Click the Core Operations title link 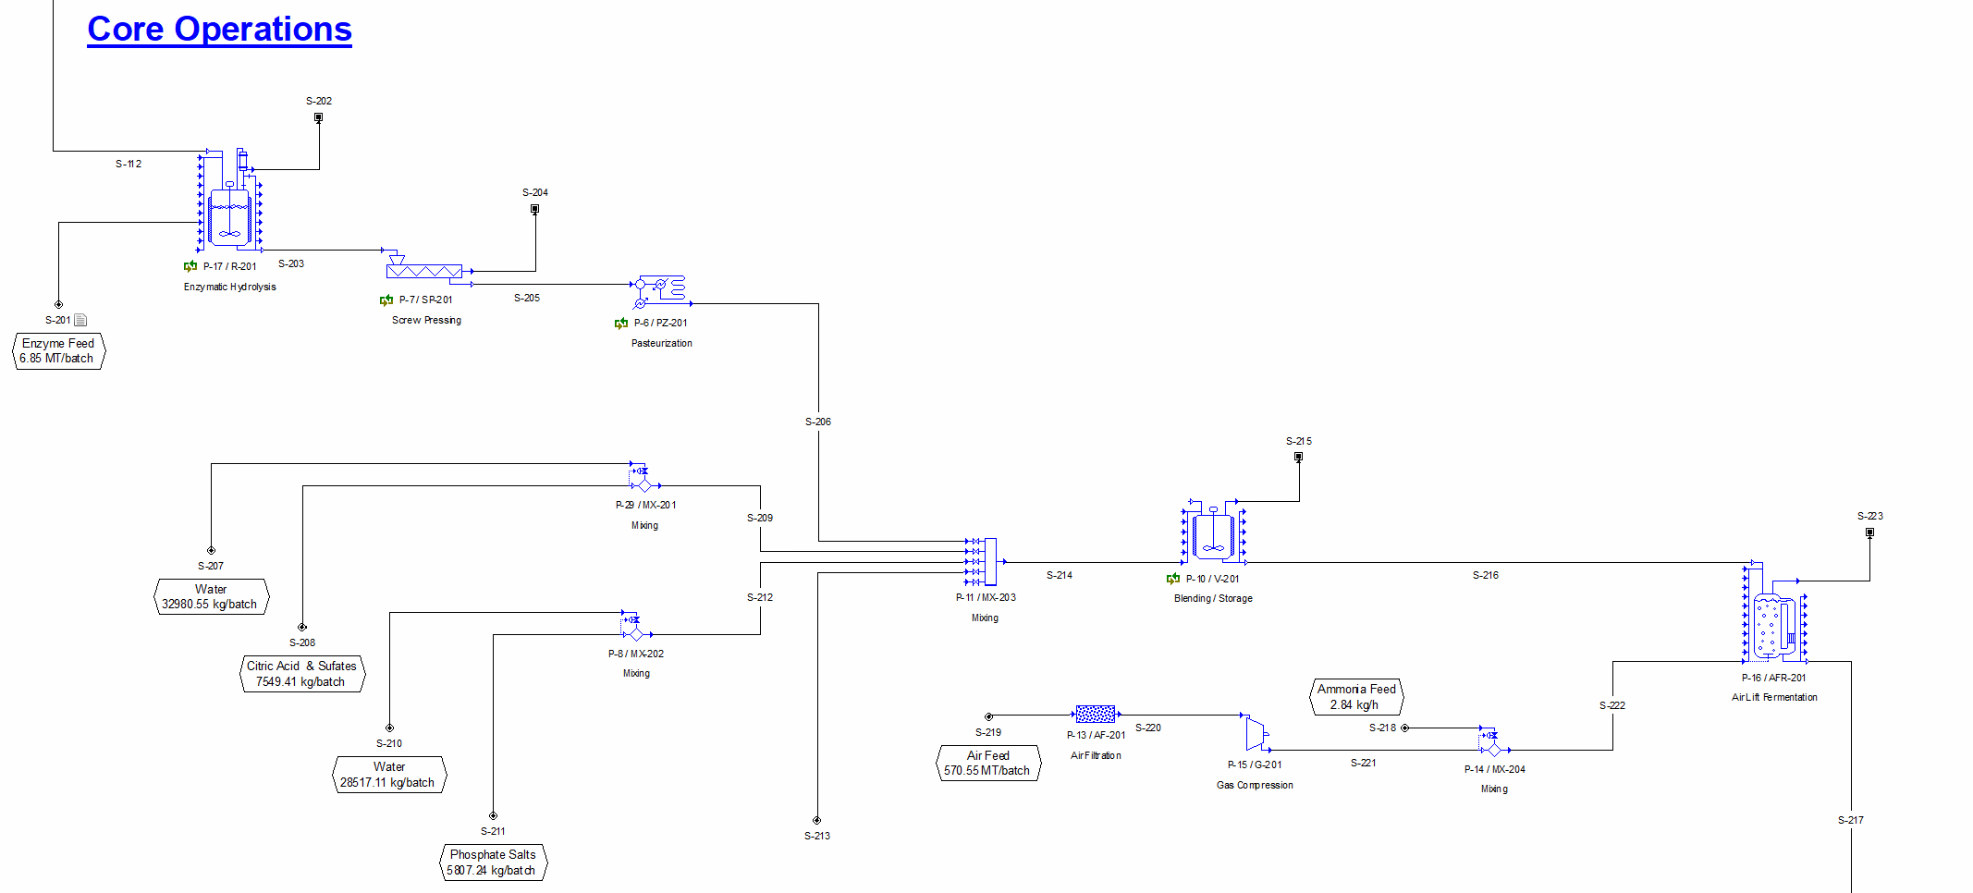tap(219, 30)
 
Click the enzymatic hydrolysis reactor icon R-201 tap(228, 216)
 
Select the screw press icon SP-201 tap(423, 270)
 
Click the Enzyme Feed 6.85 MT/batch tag tap(58, 351)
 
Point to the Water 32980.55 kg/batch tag tap(211, 596)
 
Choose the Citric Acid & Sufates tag tap(301, 674)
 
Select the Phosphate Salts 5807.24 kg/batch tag tap(492, 862)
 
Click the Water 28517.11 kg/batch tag tap(388, 775)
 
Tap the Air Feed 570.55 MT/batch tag tap(987, 764)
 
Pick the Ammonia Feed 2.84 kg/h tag tap(1356, 697)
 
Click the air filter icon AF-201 tap(1096, 715)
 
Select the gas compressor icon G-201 tap(1256, 734)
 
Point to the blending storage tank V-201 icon tap(1213, 534)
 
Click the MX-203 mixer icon tap(990, 562)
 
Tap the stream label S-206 tap(818, 422)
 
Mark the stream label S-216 tap(1485, 575)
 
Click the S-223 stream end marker tap(1869, 532)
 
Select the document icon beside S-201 tap(80, 320)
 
